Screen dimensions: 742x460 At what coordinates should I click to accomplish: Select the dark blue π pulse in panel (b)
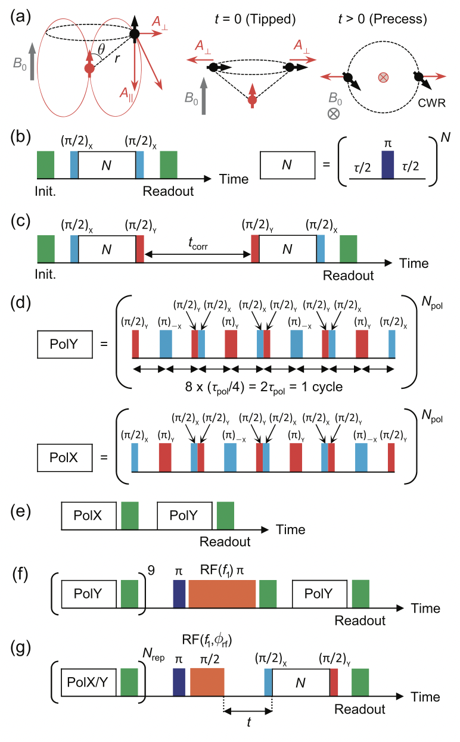[388, 164]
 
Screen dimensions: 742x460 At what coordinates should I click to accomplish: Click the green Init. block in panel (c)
[46, 248]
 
